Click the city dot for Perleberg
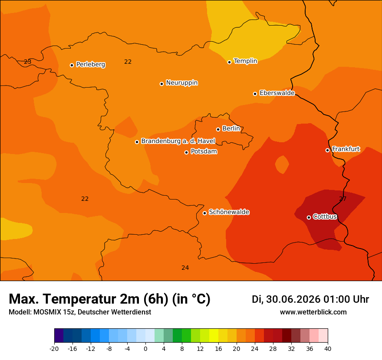click(x=72, y=65)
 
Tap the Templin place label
click(x=245, y=61)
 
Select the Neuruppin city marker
click(x=161, y=84)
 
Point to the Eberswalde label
click(x=277, y=93)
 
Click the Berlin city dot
click(x=218, y=130)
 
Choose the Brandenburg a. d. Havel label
click(x=178, y=141)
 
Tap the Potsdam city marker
click(x=186, y=152)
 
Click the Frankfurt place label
click(x=346, y=149)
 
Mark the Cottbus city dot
click(x=309, y=217)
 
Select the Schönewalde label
click(x=229, y=212)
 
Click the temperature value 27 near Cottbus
click(x=342, y=199)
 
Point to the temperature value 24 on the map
click(x=185, y=268)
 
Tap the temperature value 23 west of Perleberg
click(x=27, y=62)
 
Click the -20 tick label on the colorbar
click(x=54, y=349)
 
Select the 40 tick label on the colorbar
click(x=328, y=349)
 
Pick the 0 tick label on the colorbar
click(x=145, y=349)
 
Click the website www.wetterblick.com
click(x=313, y=312)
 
